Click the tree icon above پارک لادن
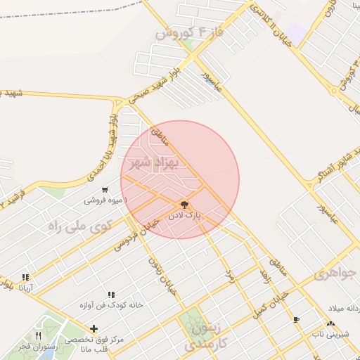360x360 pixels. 185,204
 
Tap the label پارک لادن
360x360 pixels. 184,215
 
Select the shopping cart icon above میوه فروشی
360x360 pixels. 105,189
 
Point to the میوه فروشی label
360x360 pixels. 103,200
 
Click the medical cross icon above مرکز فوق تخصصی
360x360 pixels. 94,328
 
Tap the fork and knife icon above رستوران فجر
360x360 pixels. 38,335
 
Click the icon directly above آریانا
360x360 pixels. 26,277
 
